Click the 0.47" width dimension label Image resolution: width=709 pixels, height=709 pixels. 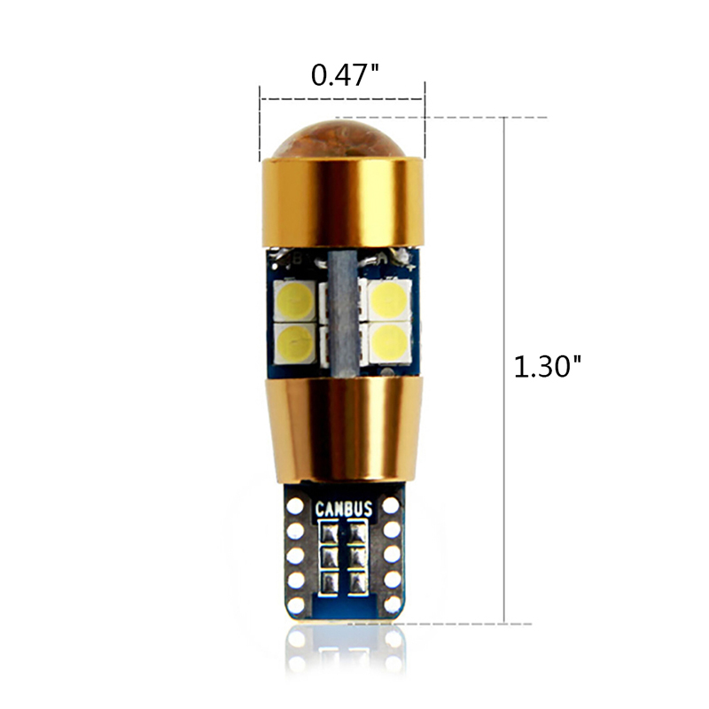[345, 74]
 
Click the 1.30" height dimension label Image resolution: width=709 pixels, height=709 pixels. [548, 366]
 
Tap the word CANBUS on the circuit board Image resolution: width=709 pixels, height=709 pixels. [344, 509]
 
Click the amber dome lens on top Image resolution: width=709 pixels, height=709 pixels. [342, 139]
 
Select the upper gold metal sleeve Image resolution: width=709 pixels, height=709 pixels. [342, 202]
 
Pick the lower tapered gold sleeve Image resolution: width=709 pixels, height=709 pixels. [344, 429]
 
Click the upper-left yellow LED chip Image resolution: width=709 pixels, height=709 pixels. [294, 300]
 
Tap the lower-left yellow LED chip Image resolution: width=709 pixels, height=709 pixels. [294, 343]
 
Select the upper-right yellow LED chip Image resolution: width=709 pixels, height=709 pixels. [390, 300]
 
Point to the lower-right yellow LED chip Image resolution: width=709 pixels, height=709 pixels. [390, 342]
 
